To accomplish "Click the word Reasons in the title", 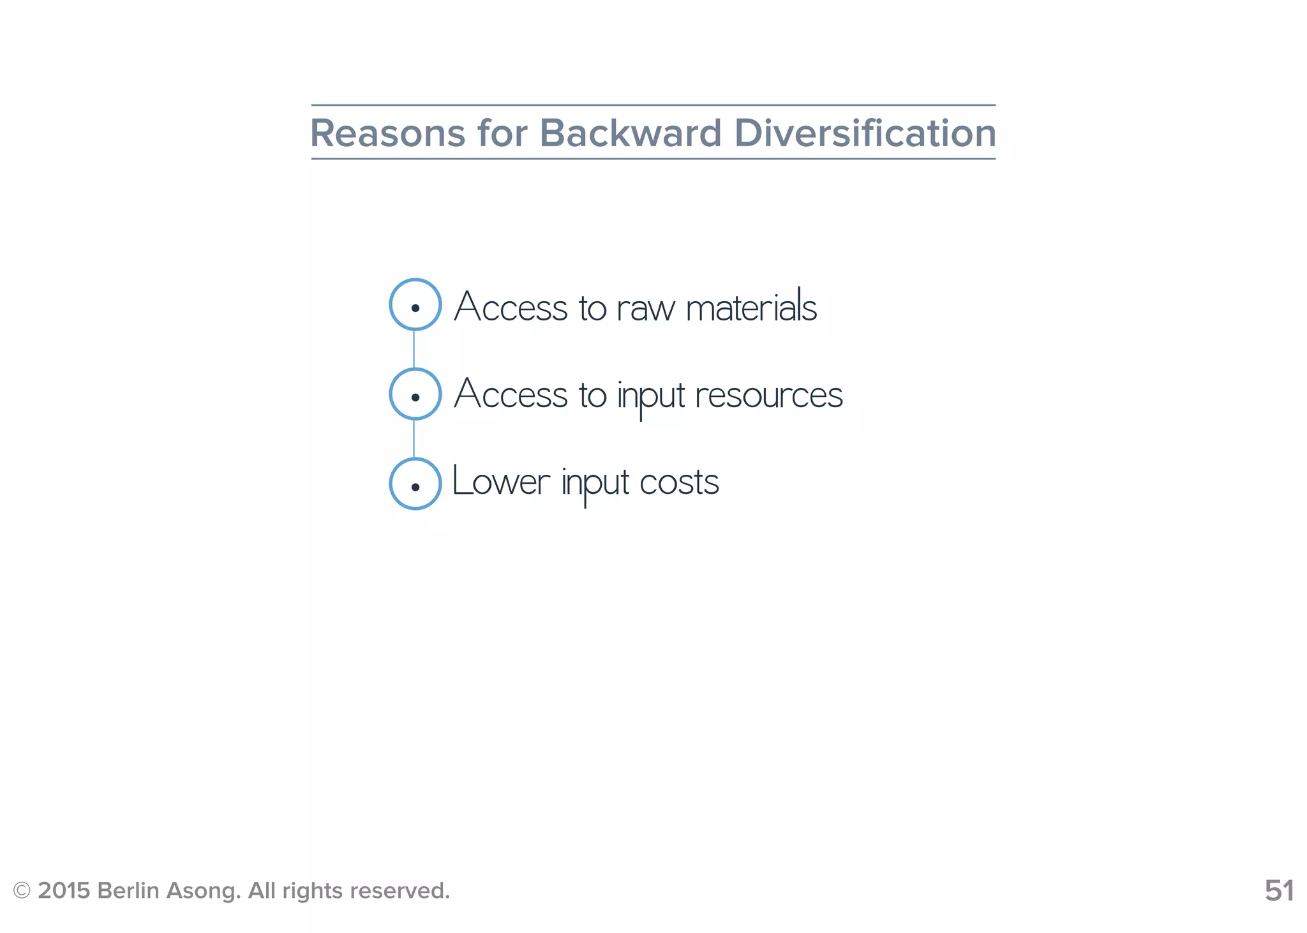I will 387,133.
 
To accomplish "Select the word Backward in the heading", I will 630,133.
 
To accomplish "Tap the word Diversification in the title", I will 865,133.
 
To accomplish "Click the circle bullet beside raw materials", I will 415,305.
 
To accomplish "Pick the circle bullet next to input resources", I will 415,394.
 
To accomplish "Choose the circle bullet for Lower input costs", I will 415,484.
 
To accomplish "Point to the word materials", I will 751,306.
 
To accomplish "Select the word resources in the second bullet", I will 768,396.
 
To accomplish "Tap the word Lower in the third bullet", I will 500,482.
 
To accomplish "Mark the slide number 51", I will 1279,891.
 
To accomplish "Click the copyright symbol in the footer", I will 22,891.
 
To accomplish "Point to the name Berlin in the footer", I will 128,891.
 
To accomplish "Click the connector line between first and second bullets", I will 414,349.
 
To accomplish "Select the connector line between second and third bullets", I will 414,438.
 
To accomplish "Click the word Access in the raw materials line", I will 511,307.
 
